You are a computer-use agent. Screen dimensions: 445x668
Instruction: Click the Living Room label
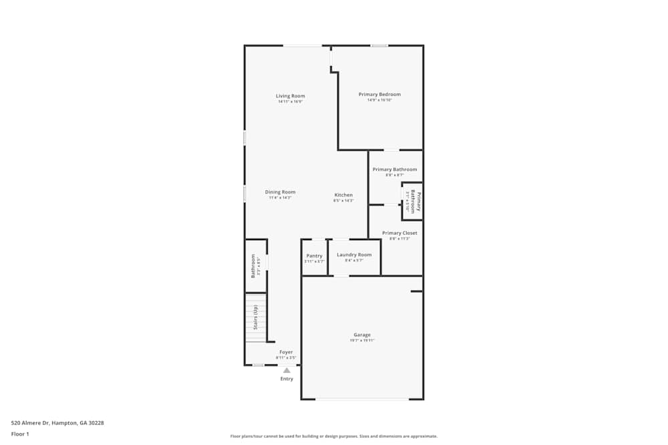click(291, 96)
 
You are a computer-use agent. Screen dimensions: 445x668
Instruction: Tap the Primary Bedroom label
click(379, 95)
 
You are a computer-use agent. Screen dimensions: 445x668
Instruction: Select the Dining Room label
click(281, 192)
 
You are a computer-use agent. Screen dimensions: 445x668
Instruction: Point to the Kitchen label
click(343, 195)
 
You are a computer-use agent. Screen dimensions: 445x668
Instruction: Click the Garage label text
click(362, 335)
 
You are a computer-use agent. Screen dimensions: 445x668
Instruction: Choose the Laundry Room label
click(354, 255)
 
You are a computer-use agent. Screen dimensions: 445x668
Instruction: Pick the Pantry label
click(314, 256)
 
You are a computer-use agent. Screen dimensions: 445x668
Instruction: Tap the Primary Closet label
click(399, 234)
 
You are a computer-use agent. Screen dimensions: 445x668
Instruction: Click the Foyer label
click(286, 352)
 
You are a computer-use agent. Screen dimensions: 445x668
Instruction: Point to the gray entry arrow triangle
click(287, 370)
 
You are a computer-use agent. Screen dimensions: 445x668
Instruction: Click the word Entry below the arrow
click(287, 379)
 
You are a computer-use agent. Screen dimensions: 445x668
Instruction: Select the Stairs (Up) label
click(255, 317)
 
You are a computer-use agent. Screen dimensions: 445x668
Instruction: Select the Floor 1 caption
click(20, 434)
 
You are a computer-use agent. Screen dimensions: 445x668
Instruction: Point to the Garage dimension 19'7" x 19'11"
click(362, 340)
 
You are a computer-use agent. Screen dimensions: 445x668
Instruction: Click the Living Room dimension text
click(291, 101)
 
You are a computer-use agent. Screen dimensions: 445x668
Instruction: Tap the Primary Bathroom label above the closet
click(395, 169)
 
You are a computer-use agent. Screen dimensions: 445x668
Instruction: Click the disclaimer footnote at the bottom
click(334, 436)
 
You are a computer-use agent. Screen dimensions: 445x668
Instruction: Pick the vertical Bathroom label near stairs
click(253, 265)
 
